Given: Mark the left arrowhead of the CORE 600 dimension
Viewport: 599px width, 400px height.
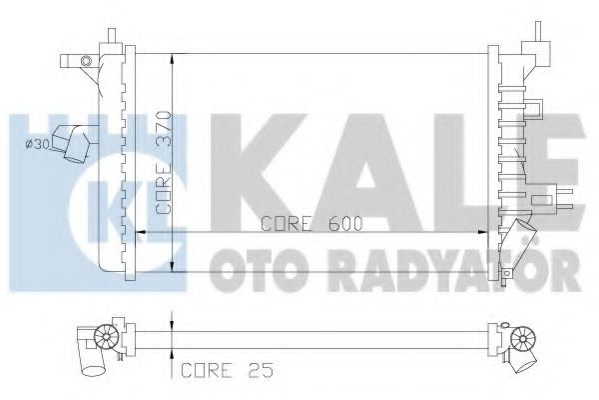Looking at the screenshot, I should (139, 232).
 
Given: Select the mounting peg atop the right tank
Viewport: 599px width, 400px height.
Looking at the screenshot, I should (533, 30).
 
